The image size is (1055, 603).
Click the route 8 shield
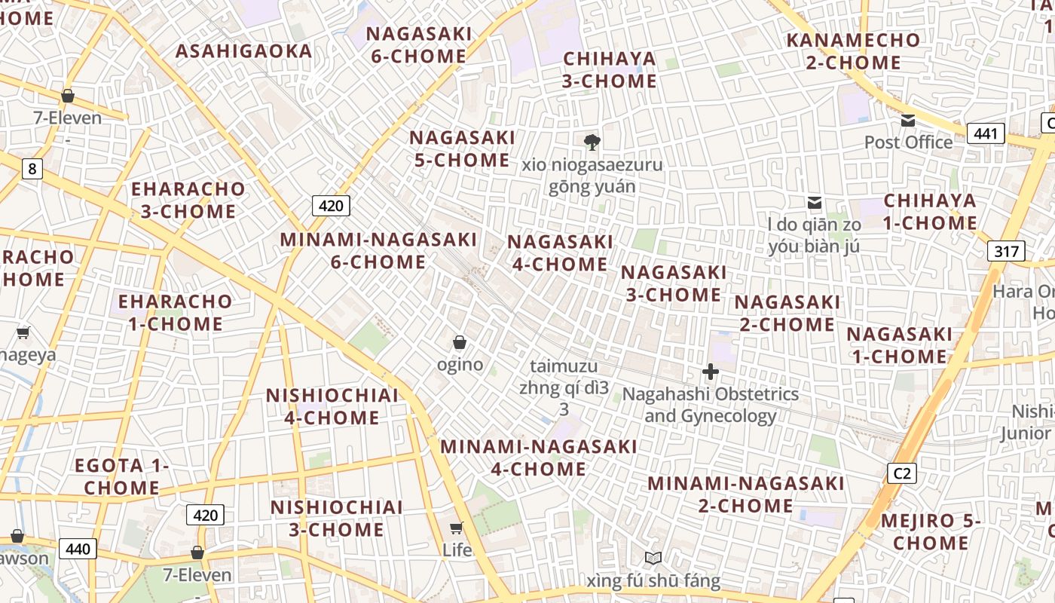point(31,169)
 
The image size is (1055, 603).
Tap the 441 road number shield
point(985,134)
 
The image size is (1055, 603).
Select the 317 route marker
point(1006,251)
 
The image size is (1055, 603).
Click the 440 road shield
point(78,549)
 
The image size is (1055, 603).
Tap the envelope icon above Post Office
point(907,121)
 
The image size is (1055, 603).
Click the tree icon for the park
point(592,142)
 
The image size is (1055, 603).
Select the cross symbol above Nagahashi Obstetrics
point(710,372)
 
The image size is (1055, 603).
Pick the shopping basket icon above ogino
point(460,343)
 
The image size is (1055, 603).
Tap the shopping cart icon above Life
point(457,528)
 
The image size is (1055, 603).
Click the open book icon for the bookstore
point(653,559)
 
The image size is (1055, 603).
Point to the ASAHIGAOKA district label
point(243,51)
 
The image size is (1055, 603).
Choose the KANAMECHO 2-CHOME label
point(853,51)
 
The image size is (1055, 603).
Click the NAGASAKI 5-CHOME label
point(462,148)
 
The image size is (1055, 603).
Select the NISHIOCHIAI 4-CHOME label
point(332,406)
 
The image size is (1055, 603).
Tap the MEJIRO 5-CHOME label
point(930,531)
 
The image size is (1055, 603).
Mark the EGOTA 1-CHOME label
point(121,476)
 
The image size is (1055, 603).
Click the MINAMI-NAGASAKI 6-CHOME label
point(378,251)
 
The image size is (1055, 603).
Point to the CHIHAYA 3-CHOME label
point(609,69)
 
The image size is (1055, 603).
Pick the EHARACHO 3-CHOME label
point(188,200)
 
